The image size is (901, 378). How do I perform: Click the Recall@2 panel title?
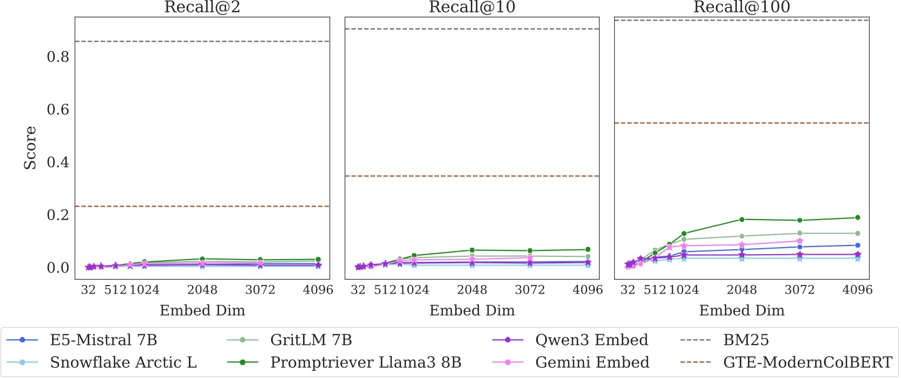pyautogui.click(x=202, y=8)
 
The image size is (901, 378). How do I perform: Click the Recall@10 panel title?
pyautogui.click(x=472, y=8)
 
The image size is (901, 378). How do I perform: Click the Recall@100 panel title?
pyautogui.click(x=741, y=8)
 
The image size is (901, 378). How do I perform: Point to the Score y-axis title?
pyautogui.click(x=30, y=148)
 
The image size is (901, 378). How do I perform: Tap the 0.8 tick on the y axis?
pyautogui.click(x=58, y=57)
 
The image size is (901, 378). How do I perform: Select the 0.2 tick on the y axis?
pyautogui.click(x=58, y=215)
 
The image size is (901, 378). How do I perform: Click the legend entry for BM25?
pyautogui.click(x=746, y=340)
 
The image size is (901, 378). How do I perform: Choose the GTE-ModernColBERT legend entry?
pyautogui.click(x=807, y=362)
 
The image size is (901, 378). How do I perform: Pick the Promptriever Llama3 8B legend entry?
pyautogui.click(x=365, y=362)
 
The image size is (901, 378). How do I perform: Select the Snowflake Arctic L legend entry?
pyautogui.click(x=123, y=362)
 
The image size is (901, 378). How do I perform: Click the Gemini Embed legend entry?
pyautogui.click(x=592, y=362)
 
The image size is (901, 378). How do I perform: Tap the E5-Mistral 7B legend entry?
pyautogui.click(x=103, y=340)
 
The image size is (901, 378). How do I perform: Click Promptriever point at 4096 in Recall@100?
pyautogui.click(x=857, y=218)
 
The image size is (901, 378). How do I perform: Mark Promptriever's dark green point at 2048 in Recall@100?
pyautogui.click(x=742, y=220)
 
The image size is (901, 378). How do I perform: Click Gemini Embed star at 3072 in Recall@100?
pyautogui.click(x=800, y=241)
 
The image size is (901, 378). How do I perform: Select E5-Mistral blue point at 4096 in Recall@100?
pyautogui.click(x=857, y=246)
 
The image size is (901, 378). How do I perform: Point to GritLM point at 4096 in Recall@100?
pyautogui.click(x=857, y=234)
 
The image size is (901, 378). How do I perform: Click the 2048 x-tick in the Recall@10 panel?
pyautogui.click(x=472, y=290)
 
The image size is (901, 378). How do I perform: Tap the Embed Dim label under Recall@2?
pyautogui.click(x=202, y=310)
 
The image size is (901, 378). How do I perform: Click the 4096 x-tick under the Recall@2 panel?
pyautogui.click(x=318, y=290)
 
